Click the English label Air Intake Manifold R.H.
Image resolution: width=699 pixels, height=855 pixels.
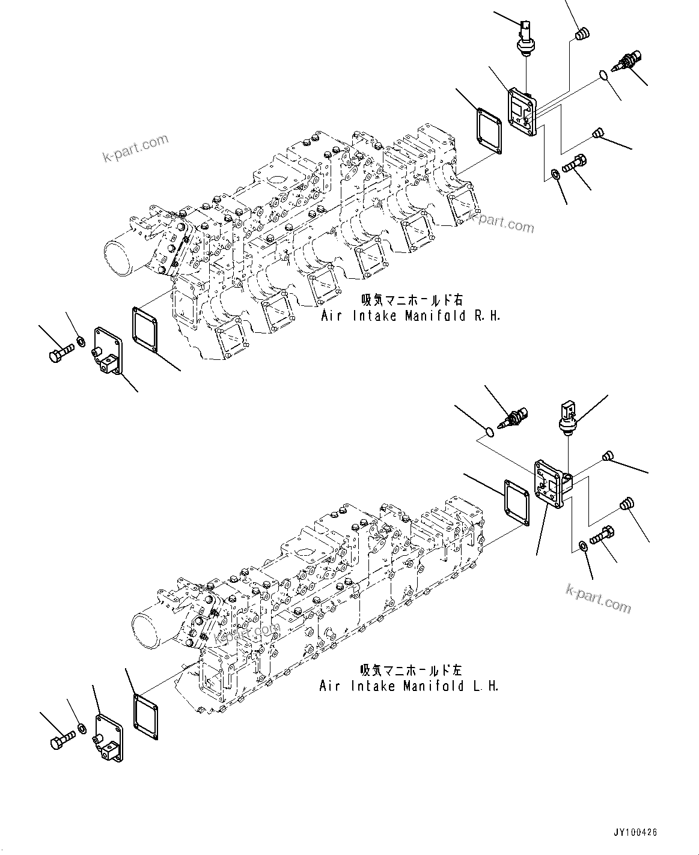pos(411,315)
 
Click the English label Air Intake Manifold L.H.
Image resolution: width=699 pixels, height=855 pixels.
pos(409,686)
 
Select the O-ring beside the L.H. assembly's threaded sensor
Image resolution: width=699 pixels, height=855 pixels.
pos(490,431)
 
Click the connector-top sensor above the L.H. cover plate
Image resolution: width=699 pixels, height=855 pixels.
pos(567,416)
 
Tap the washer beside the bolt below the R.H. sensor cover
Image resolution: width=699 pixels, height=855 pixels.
pos(554,175)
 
